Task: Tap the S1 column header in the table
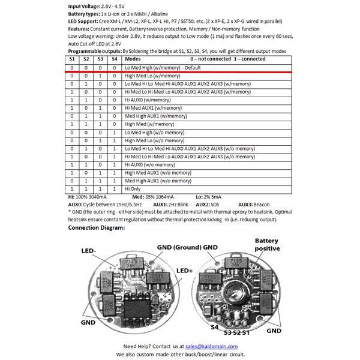click(x=72, y=60)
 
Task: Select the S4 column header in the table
click(x=115, y=60)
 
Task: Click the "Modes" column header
click(x=133, y=60)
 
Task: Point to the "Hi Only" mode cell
click(x=136, y=188)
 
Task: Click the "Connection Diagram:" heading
click(x=97, y=228)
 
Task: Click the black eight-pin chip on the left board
click(x=137, y=302)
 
